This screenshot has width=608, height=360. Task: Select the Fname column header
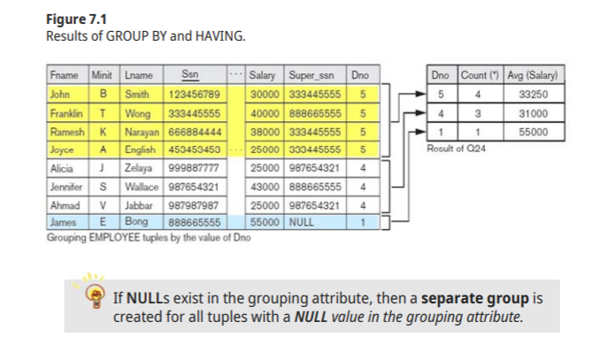click(x=65, y=76)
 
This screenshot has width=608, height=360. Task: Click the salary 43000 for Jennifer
click(x=266, y=188)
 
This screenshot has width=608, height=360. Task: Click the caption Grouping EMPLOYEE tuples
click(x=141, y=236)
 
